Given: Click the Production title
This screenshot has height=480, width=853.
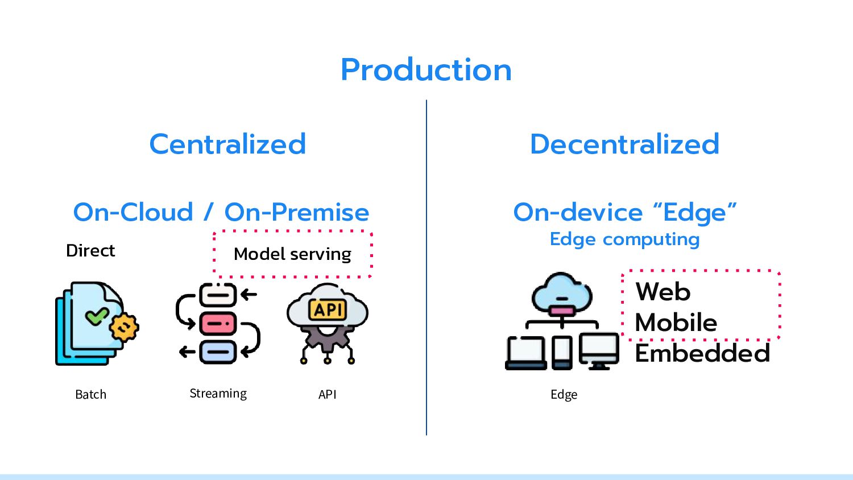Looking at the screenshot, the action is point(426,70).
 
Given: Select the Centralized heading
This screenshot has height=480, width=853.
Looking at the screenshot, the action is point(227,144).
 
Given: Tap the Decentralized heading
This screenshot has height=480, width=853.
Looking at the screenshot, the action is point(624,144).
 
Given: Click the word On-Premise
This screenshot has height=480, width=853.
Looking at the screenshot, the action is point(297,212).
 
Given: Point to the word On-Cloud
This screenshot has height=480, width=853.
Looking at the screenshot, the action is point(133,212).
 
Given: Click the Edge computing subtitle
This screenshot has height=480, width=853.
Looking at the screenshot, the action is point(624,240).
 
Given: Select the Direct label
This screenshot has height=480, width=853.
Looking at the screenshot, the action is point(90,251).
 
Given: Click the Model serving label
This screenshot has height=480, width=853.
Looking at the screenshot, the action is point(292,254).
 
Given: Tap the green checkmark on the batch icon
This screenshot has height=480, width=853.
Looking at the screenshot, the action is point(97,316).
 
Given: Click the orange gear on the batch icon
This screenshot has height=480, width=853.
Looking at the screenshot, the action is point(124,327).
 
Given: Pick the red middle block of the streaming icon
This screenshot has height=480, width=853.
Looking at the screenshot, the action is point(218,324).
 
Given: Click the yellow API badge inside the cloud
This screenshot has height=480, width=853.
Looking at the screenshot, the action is point(328,310).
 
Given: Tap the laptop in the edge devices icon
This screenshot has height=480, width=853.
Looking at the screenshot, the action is point(526,353).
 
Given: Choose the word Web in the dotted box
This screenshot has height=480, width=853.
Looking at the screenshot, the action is point(663,292).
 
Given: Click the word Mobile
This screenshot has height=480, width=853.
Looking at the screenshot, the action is point(676,322).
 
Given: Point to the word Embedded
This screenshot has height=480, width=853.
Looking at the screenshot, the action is point(702,353).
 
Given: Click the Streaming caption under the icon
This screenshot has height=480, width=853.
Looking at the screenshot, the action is point(218,394).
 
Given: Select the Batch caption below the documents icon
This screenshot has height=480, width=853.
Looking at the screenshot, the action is point(90,394).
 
